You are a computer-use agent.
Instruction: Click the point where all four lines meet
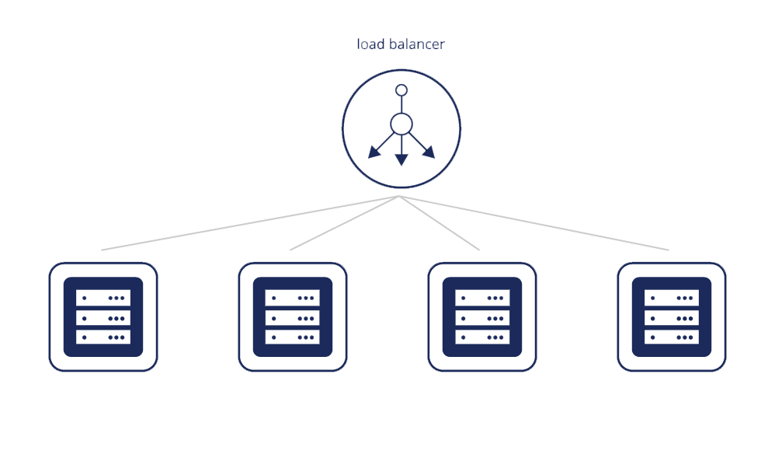[x=399, y=196]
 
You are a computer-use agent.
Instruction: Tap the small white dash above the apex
[x=407, y=192]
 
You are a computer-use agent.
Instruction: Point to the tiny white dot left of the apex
[x=391, y=198]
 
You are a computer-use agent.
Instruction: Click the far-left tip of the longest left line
[x=102, y=250]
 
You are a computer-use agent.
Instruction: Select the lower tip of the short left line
[x=290, y=250]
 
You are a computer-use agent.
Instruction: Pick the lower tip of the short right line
[x=479, y=250]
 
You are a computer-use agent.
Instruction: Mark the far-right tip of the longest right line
[x=669, y=250]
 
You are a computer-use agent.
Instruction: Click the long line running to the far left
[x=250, y=223]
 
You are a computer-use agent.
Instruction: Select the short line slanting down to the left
[x=345, y=223]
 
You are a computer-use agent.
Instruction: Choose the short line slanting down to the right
[x=440, y=223]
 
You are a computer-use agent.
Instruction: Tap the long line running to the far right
[x=534, y=223]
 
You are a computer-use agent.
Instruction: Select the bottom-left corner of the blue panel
[x=49, y=372]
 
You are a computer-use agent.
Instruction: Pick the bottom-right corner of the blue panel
[x=726, y=372]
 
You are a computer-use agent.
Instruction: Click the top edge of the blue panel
[x=387, y=39]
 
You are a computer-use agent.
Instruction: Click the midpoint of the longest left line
[x=250, y=223]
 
